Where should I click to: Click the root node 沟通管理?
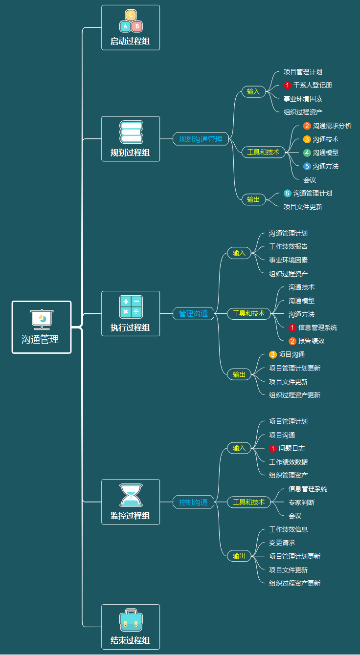[x=42, y=327]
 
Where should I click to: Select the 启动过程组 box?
[x=131, y=27]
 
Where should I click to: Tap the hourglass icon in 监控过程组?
[x=131, y=495]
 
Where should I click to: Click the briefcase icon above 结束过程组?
[x=131, y=620]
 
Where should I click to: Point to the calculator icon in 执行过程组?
[x=131, y=307]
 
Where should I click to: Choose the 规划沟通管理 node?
[x=201, y=139]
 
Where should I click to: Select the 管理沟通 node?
[x=193, y=314]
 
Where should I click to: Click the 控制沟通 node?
[x=193, y=502]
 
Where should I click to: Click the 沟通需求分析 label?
[x=332, y=126]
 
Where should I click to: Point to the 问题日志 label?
[x=292, y=448]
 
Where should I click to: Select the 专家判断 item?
[x=301, y=502]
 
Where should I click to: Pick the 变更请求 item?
[x=282, y=543]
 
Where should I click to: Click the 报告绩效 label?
[x=311, y=341]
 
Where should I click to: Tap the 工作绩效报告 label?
[x=288, y=246]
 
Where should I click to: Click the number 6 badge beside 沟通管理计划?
[x=288, y=193]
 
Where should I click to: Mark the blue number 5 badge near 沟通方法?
[x=307, y=166]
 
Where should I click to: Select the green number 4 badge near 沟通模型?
[x=307, y=153]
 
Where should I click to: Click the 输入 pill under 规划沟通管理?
[x=253, y=91]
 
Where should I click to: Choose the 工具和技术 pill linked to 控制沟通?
[x=248, y=502]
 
